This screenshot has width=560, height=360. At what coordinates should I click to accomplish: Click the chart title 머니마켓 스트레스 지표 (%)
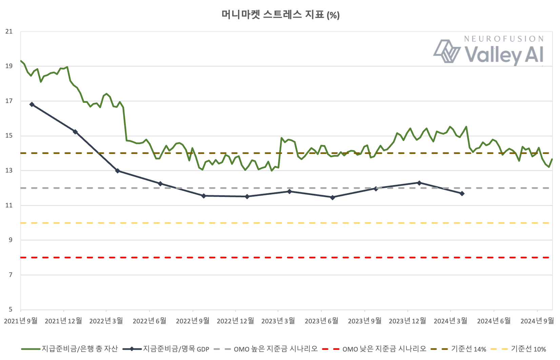click(x=280, y=15)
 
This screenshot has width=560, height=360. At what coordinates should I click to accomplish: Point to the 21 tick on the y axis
click(x=9, y=32)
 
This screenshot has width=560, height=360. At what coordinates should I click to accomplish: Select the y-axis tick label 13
click(x=9, y=171)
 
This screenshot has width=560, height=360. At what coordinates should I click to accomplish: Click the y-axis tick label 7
click(x=11, y=275)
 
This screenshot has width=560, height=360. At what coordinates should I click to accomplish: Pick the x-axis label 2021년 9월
click(x=21, y=321)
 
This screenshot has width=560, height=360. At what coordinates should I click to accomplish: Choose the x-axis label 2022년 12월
click(x=235, y=321)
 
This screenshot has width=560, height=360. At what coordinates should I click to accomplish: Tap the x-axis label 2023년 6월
click(x=321, y=321)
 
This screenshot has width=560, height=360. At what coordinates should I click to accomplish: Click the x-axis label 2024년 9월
click(x=537, y=321)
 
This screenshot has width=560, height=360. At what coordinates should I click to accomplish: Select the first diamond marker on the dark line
click(x=32, y=104)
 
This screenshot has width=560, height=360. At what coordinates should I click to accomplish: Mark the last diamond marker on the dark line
click(x=462, y=194)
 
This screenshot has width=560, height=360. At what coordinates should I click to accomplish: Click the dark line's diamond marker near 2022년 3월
click(x=118, y=171)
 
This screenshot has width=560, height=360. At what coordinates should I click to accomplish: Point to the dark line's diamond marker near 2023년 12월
click(x=419, y=183)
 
